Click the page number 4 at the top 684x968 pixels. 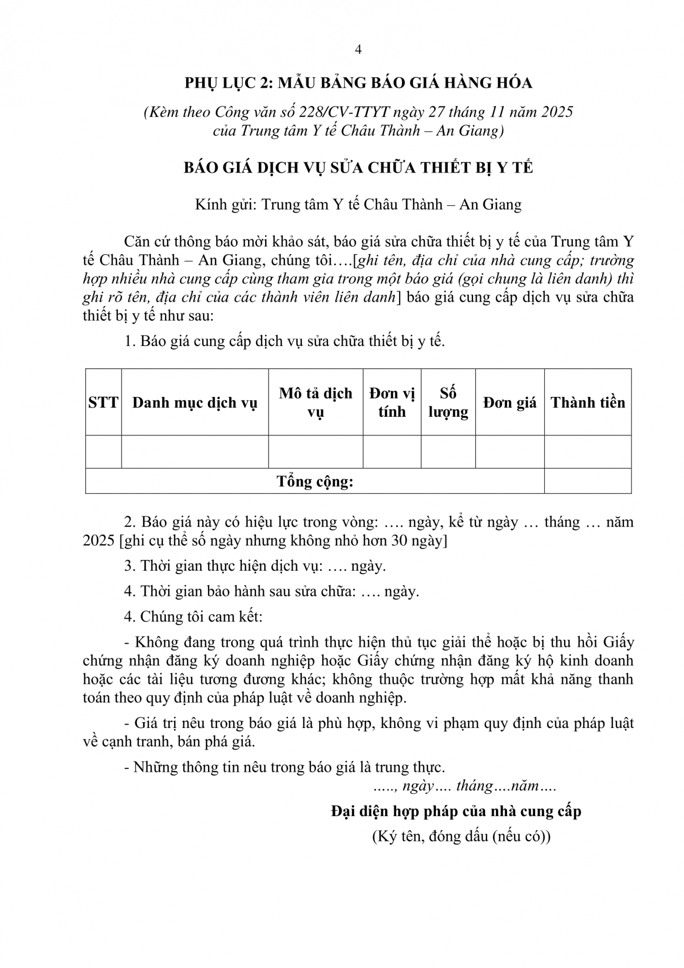pyautogui.click(x=358, y=50)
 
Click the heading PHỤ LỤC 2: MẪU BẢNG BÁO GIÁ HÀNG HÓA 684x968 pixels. pyautogui.click(x=358, y=83)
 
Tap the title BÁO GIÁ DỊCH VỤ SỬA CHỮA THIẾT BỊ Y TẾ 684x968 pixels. pyautogui.click(x=358, y=167)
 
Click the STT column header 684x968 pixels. pyautogui.click(x=103, y=403)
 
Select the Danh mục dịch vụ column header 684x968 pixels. pyautogui.click(x=194, y=403)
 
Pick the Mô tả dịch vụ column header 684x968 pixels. pyautogui.click(x=315, y=403)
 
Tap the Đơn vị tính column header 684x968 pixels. pyautogui.click(x=392, y=403)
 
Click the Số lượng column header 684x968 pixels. pyautogui.click(x=448, y=403)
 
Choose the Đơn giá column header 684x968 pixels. pyautogui.click(x=509, y=403)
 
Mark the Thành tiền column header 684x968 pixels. pyautogui.click(x=588, y=403)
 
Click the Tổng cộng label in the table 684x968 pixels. pyautogui.click(x=315, y=482)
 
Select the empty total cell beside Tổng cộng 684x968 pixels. pyautogui.click(x=588, y=481)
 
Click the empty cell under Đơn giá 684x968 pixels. pyautogui.click(x=509, y=452)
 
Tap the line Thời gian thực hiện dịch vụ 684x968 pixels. pyautogui.click(x=255, y=566)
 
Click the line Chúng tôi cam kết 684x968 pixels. pyautogui.click(x=193, y=617)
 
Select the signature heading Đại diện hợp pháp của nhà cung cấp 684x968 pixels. pyautogui.click(x=456, y=811)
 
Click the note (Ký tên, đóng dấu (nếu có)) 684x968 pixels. pyautogui.click(x=461, y=836)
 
